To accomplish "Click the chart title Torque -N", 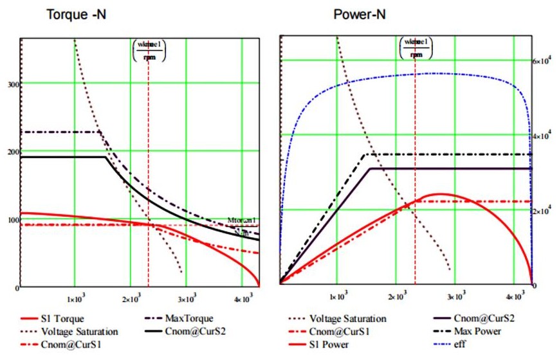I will click(x=76, y=15).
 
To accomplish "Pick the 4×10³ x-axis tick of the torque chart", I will click(x=242, y=298).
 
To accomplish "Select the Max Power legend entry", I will click(x=477, y=331).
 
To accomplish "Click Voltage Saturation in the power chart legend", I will click(x=348, y=318).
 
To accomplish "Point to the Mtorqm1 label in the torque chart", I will click(x=243, y=221).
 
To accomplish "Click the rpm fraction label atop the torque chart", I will click(x=148, y=50).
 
